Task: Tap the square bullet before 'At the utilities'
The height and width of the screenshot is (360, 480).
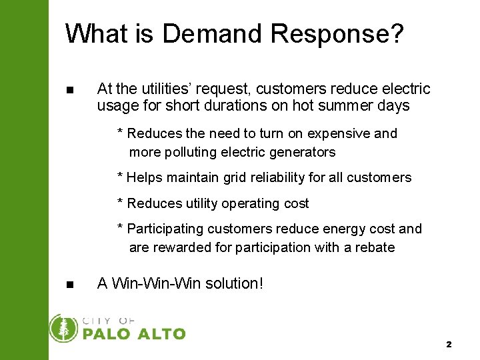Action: pyautogui.click(x=71, y=90)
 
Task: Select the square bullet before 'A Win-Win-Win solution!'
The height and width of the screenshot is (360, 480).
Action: pyautogui.click(x=71, y=285)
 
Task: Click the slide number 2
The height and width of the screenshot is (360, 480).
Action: pyautogui.click(x=449, y=345)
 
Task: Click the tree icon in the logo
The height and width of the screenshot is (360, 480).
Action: pyautogui.click(x=64, y=328)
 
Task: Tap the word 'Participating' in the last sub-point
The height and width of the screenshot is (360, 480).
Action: pyautogui.click(x=165, y=229)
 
